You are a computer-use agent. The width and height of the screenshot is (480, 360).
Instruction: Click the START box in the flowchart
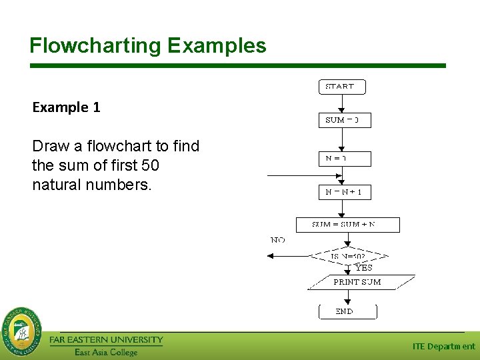(x=341, y=87)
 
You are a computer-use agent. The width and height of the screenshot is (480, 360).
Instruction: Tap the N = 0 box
(x=344, y=159)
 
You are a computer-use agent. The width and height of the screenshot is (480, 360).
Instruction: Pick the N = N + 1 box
(x=344, y=192)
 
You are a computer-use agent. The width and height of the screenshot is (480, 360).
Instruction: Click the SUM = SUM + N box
(x=347, y=225)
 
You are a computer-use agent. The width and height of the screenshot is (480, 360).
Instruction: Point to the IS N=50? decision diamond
(x=349, y=256)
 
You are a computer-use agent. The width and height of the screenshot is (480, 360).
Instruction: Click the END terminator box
(x=347, y=311)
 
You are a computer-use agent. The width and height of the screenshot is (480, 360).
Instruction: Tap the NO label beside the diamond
(x=278, y=240)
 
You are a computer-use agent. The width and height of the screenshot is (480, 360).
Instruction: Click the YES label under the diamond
(x=364, y=268)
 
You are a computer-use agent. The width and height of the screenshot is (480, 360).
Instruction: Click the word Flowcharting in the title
(x=95, y=45)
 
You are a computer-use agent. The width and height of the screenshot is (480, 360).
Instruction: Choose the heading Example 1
(x=66, y=107)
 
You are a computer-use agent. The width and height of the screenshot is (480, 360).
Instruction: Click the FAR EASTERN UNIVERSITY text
(x=106, y=340)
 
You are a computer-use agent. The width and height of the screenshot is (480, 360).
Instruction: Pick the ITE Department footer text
(x=443, y=346)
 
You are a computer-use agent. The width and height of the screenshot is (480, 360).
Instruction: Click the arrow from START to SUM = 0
(x=342, y=103)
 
